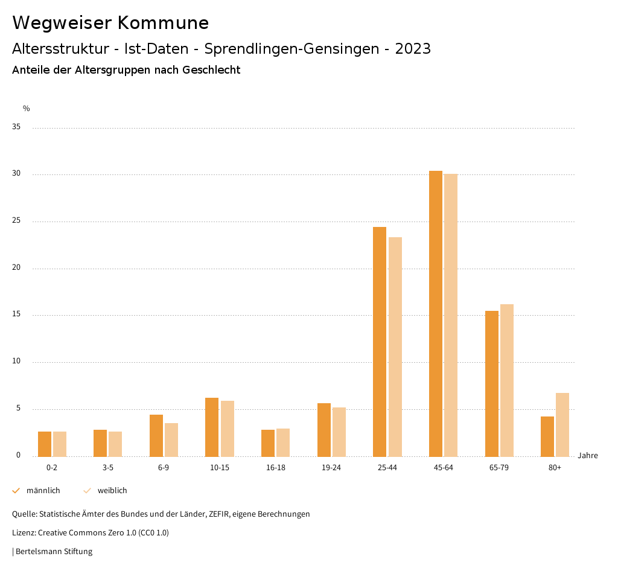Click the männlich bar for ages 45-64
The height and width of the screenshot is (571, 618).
pyautogui.click(x=435, y=314)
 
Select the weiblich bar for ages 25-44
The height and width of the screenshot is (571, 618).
pyautogui.click(x=395, y=347)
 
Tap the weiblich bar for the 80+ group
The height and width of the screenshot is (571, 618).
pyautogui.click(x=562, y=425)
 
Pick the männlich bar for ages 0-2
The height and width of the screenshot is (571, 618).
pyautogui.click(x=45, y=444)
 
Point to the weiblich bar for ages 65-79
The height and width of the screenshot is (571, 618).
pyautogui.click(x=507, y=380)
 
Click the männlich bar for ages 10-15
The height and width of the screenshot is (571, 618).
pyautogui.click(x=212, y=427)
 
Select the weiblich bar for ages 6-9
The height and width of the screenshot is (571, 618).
pyautogui.click(x=171, y=440)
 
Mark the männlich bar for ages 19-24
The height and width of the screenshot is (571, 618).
pyautogui.click(x=324, y=430)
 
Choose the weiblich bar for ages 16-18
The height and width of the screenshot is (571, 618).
pyautogui.click(x=283, y=442)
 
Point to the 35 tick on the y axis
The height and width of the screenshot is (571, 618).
pyautogui.click(x=16, y=127)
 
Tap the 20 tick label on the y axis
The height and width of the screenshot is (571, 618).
pyautogui.click(x=16, y=268)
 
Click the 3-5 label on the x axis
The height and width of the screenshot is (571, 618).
pyautogui.click(x=107, y=468)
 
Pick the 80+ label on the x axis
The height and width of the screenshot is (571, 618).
pyautogui.click(x=555, y=468)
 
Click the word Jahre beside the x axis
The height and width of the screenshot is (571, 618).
pyautogui.click(x=588, y=456)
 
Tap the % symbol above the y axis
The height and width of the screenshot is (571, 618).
pyautogui.click(x=27, y=109)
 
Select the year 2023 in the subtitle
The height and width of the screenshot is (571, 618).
pyautogui.click(x=413, y=49)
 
